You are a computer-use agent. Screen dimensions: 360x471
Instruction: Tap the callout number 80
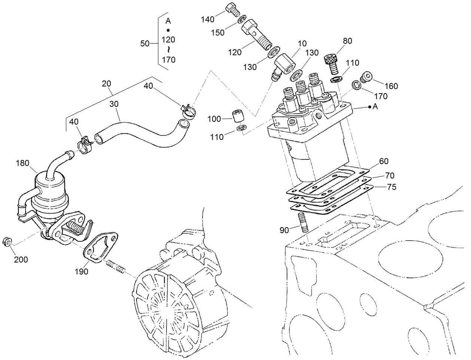[347, 41]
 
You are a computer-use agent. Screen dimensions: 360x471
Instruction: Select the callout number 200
[21, 259]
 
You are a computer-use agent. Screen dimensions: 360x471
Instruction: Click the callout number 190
[81, 272]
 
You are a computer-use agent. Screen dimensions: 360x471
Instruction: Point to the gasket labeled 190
[100, 247]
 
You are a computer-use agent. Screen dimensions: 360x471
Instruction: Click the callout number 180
[23, 163]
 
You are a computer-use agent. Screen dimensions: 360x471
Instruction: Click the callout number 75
[391, 187]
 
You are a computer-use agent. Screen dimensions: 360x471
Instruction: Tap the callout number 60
[384, 161]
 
